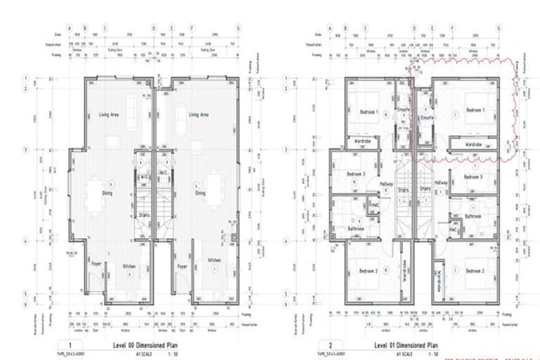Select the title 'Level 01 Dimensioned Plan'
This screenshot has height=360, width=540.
401,346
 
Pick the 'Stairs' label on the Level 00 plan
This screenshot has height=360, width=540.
143,216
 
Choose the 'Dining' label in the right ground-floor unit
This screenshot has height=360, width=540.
200,193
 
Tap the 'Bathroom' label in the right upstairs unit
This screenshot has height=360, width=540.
472,217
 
